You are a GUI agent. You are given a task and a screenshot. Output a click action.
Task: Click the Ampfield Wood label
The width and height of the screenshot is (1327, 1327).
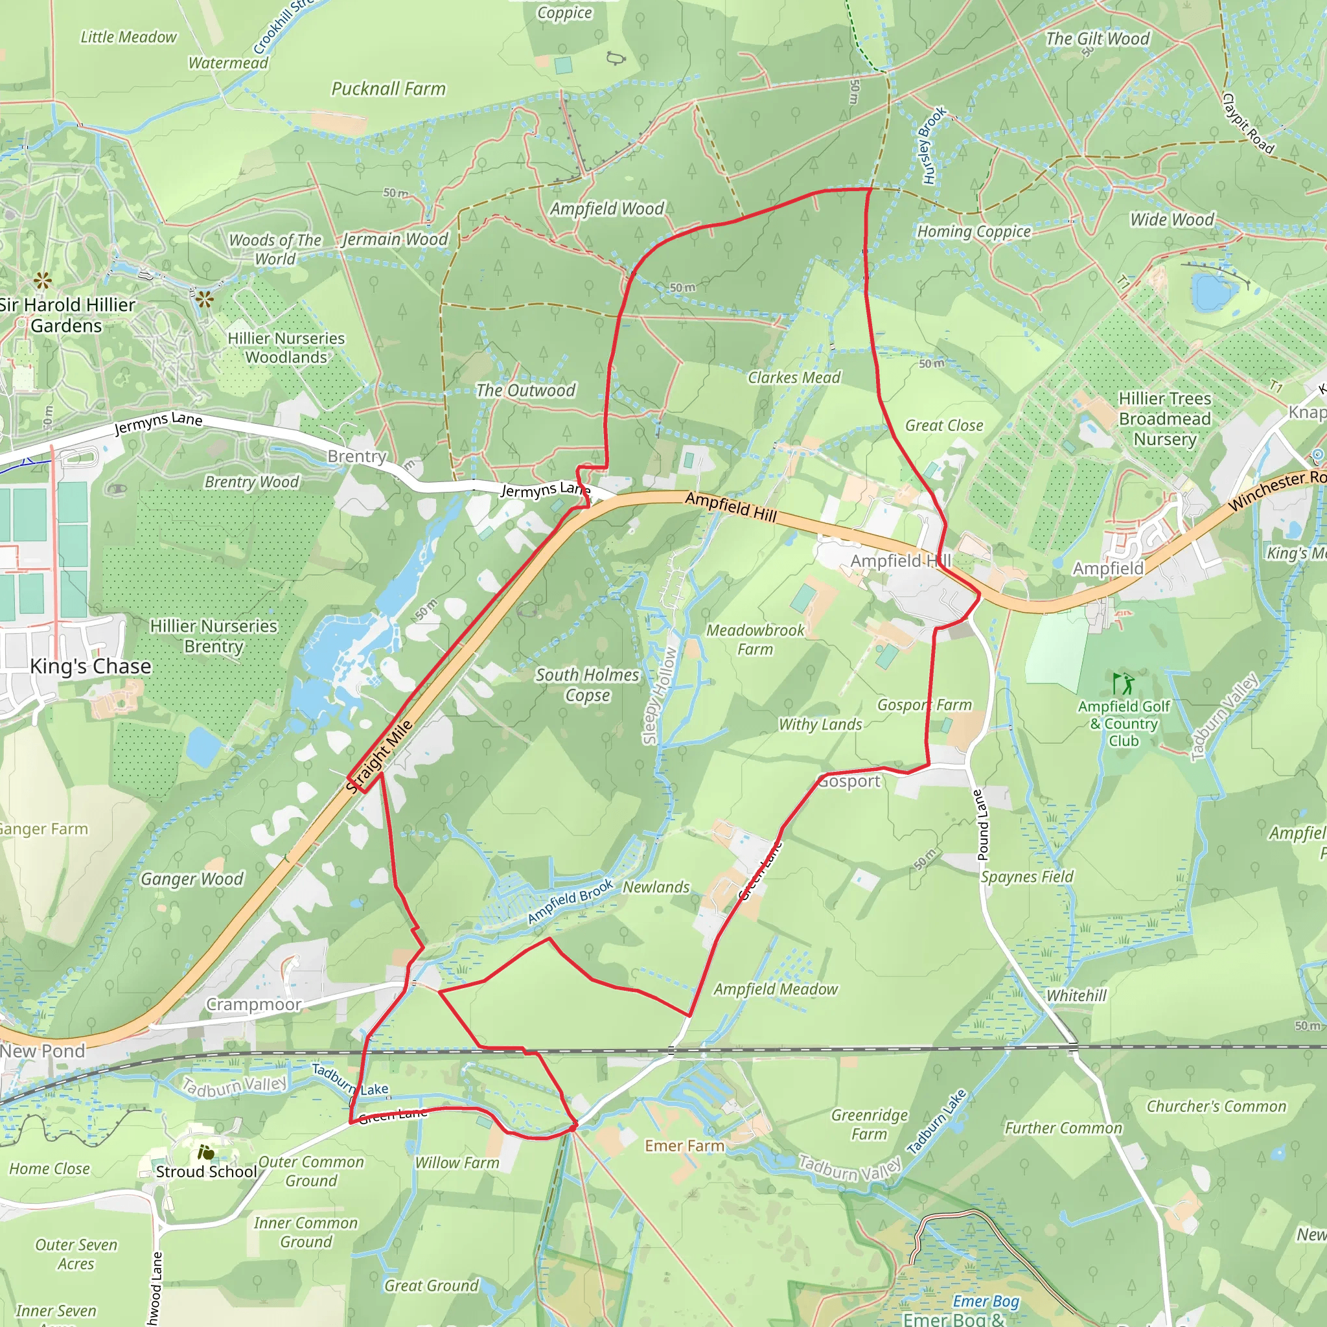pyautogui.click(x=607, y=209)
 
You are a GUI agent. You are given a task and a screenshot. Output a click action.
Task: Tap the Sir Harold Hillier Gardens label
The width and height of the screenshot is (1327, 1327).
pyautogui.click(x=67, y=316)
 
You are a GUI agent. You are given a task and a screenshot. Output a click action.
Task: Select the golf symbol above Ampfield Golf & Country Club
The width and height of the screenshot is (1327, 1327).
pyautogui.click(x=1123, y=684)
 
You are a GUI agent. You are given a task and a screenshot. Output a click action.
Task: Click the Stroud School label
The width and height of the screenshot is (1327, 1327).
pyautogui.click(x=206, y=1171)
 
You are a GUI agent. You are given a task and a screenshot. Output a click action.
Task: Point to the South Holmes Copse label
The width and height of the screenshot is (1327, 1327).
pyautogui.click(x=587, y=685)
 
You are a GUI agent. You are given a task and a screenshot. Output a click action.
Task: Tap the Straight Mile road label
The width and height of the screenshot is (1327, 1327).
pyautogui.click(x=380, y=756)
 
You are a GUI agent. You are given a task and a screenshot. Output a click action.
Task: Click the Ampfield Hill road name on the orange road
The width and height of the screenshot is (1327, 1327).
pyautogui.click(x=731, y=507)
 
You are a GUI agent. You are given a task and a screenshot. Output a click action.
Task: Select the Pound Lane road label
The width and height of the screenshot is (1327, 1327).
pyautogui.click(x=982, y=825)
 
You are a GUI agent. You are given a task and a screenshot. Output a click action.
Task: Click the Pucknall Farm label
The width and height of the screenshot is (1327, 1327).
pyautogui.click(x=388, y=89)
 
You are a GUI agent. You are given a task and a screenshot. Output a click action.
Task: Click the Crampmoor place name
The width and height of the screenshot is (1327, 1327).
pyautogui.click(x=253, y=1004)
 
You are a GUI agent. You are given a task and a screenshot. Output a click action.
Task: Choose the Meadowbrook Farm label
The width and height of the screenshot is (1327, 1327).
pyautogui.click(x=755, y=640)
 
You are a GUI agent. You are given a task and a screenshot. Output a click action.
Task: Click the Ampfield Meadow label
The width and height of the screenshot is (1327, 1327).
pyautogui.click(x=776, y=989)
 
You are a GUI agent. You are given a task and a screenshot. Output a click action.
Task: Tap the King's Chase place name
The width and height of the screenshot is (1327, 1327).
pyautogui.click(x=91, y=666)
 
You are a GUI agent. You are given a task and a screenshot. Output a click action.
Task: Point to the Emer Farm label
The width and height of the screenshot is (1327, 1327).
pyautogui.click(x=684, y=1146)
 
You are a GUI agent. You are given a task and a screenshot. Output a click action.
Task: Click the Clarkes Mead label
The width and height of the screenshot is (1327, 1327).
pyautogui.click(x=794, y=378)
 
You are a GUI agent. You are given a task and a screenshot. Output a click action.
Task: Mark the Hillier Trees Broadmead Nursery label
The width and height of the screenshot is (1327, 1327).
pyautogui.click(x=1165, y=419)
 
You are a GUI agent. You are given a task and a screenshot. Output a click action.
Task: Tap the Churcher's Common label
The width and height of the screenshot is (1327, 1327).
pyautogui.click(x=1216, y=1107)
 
